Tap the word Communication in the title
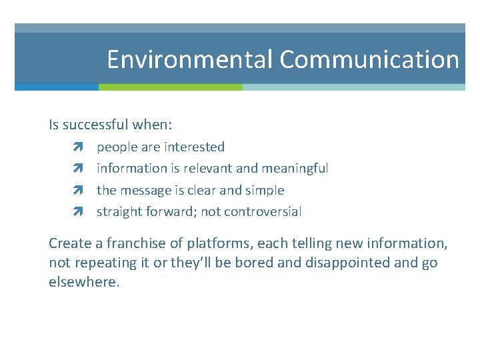coord(369,60)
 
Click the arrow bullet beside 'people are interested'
coord(78,147)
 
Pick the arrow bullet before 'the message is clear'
coord(78,191)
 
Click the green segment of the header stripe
coord(171,87)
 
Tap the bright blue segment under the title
coord(57,87)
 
